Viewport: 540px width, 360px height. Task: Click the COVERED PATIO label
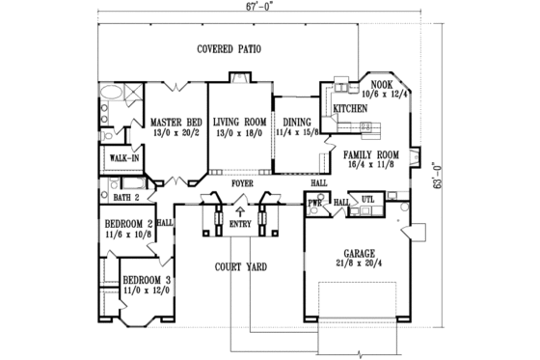(x=229, y=48)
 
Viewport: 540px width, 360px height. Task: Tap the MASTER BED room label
(x=175, y=123)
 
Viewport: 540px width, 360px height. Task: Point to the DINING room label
(x=296, y=123)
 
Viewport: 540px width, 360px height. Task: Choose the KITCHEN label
(x=350, y=110)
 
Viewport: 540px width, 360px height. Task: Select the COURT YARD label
(x=240, y=266)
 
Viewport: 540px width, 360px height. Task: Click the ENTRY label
(x=239, y=225)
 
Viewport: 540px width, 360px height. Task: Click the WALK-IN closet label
(x=123, y=156)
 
